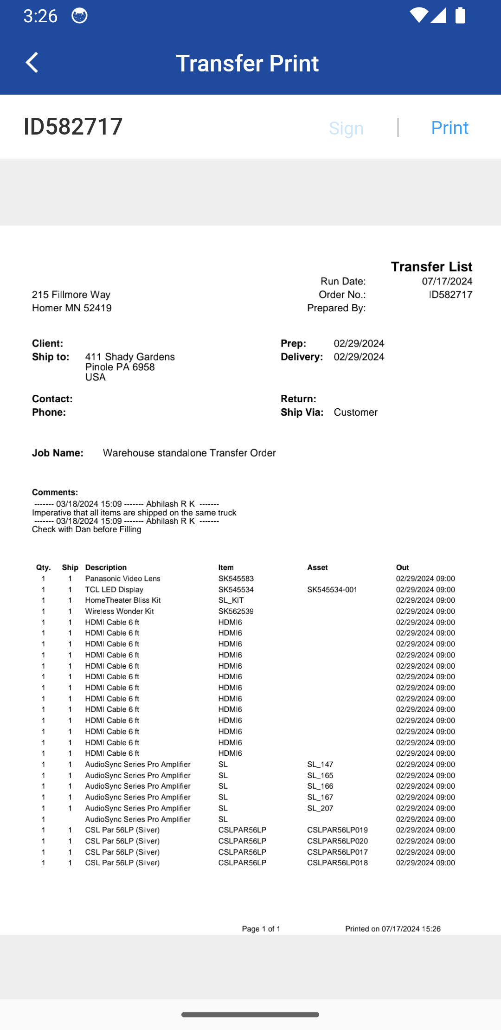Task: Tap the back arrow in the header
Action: (x=32, y=63)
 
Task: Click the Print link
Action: (x=450, y=128)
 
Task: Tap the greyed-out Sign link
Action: (x=346, y=129)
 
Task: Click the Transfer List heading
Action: (x=431, y=267)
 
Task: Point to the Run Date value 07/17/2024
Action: (x=447, y=281)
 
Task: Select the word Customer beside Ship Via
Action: (x=355, y=412)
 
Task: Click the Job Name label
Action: (x=58, y=453)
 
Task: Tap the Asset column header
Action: (x=317, y=567)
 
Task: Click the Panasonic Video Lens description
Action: (x=122, y=579)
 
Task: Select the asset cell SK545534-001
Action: (x=332, y=590)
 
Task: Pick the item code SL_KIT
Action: (x=231, y=600)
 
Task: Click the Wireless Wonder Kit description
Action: (x=119, y=612)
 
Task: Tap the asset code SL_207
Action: (x=320, y=808)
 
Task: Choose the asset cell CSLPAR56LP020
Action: (x=337, y=841)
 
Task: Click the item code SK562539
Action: (x=236, y=612)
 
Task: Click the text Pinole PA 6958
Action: (x=120, y=367)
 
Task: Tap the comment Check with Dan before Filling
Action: (x=87, y=529)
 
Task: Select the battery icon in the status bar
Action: (x=460, y=15)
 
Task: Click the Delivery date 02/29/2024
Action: (x=359, y=357)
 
